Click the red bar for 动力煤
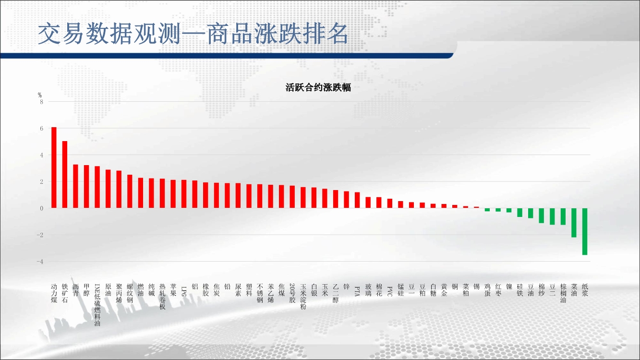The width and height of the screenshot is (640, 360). click(x=54, y=168)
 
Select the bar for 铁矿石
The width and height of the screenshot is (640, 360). click(x=64, y=175)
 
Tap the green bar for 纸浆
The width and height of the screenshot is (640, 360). click(x=585, y=231)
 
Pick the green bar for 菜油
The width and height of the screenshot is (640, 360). click(x=574, y=223)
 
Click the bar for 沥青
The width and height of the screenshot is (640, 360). click(x=75, y=186)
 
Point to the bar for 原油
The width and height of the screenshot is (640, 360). click(x=108, y=189)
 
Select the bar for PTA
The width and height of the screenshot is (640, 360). click(x=357, y=200)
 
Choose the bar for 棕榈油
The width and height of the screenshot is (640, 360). click(x=563, y=216)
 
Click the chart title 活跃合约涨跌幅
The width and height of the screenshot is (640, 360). click(x=318, y=87)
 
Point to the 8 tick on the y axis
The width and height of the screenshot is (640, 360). click(x=42, y=102)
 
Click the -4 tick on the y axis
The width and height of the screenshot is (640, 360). click(x=40, y=262)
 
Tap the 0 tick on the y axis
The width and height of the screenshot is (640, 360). click(x=42, y=209)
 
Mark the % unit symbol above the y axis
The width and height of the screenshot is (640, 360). click(x=40, y=95)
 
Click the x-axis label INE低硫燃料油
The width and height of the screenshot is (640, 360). click(x=97, y=305)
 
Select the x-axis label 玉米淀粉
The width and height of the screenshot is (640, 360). click(x=303, y=297)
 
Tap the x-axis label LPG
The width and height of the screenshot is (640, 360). click(x=184, y=291)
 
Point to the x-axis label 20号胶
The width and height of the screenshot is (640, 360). click(x=292, y=293)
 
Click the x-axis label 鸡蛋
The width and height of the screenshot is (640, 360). click(x=487, y=290)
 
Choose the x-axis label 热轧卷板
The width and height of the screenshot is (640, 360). click(x=162, y=297)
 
